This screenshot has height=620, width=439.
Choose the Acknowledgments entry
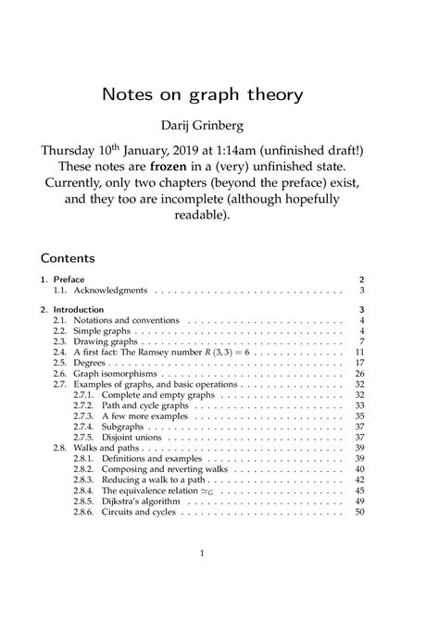100,290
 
